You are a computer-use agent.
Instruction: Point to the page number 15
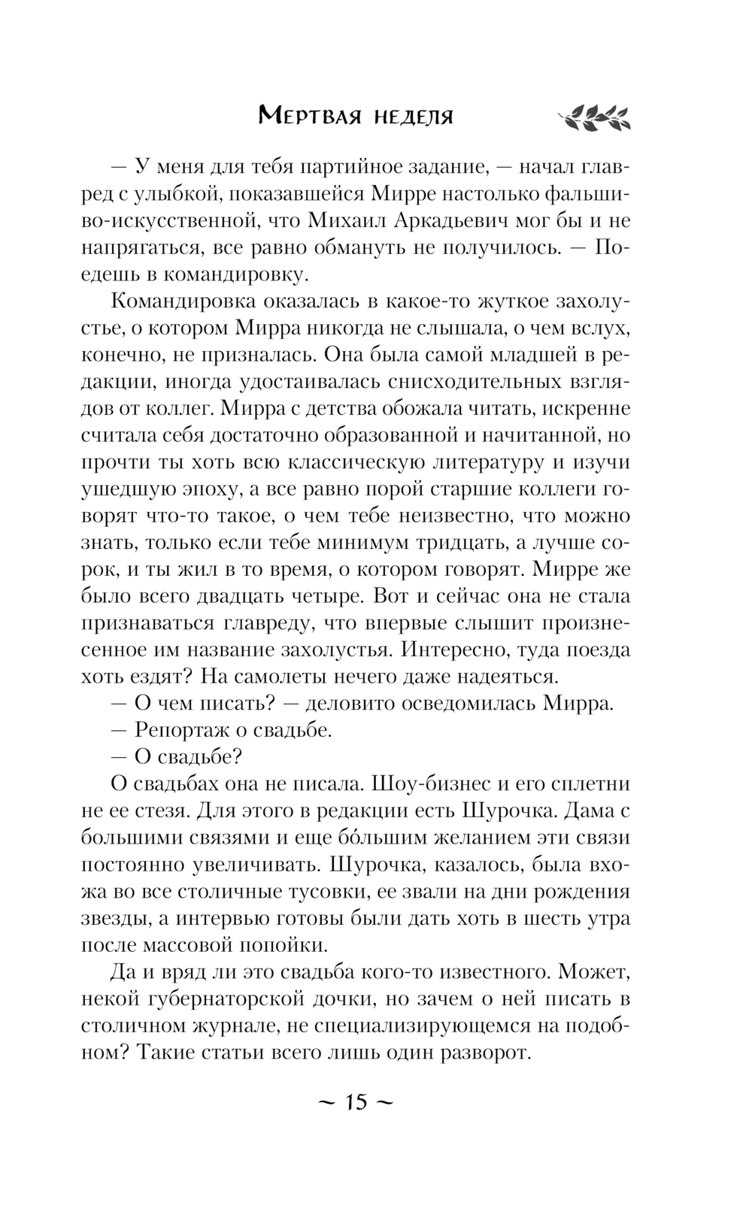pyautogui.click(x=356, y=1101)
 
